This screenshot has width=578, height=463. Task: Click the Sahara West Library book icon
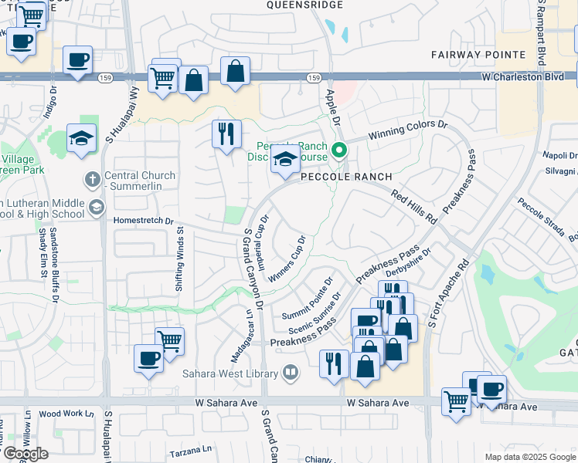291,373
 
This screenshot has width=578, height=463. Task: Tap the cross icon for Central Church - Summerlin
92,180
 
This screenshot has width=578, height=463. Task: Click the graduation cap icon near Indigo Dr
81,139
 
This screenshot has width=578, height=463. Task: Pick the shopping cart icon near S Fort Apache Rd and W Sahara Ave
456,400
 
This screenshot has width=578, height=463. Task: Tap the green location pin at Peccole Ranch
338,150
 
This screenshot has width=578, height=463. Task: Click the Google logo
25,454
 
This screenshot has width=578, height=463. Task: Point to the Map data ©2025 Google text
529,457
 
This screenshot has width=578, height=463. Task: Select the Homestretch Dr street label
143,220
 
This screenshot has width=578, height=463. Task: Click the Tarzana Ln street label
192,449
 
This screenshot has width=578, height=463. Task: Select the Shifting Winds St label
179,258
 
